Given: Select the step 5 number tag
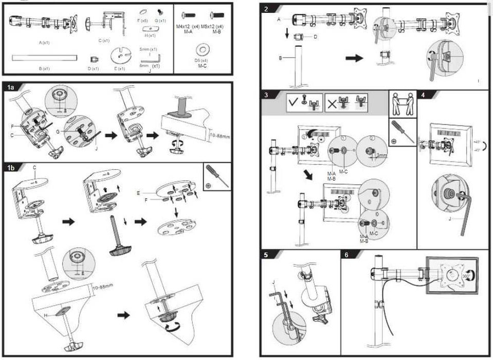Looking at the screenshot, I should pos(266,254).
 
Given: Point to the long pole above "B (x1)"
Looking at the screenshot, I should pos(44,58).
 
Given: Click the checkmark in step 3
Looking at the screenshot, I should pos(293,102).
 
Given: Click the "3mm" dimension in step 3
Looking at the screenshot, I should pos(381,155).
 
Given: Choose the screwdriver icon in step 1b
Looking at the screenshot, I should pos(214,176).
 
